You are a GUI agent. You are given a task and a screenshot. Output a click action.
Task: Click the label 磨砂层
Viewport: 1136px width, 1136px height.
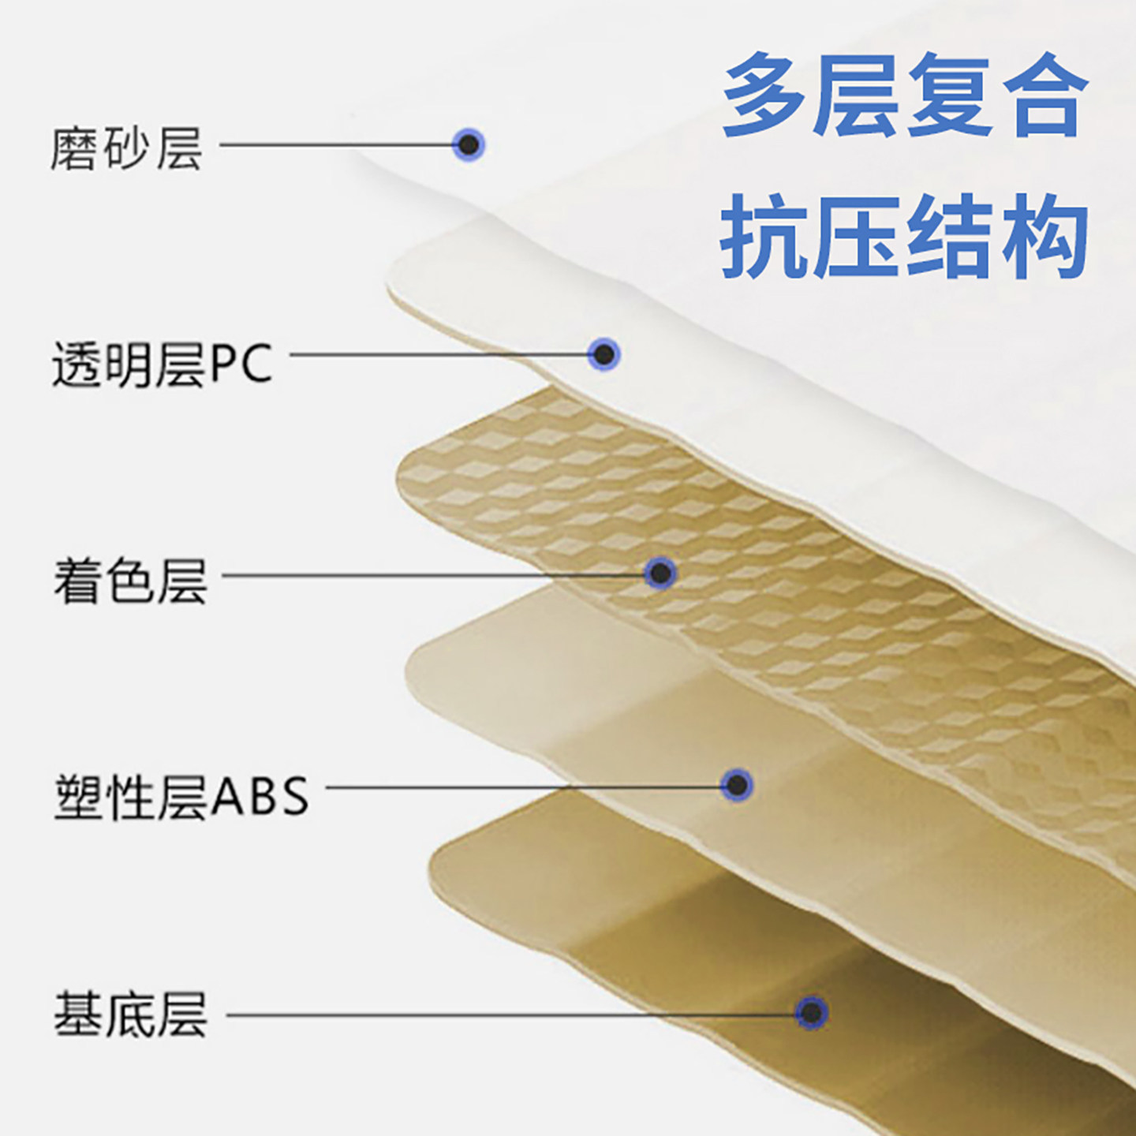coord(127,149)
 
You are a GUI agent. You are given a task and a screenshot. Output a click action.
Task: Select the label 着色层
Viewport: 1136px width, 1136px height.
coord(130,581)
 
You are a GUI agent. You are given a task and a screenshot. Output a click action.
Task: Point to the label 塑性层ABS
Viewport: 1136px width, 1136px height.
coord(181,797)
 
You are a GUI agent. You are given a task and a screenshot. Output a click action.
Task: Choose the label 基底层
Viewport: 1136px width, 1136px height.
coord(130,1015)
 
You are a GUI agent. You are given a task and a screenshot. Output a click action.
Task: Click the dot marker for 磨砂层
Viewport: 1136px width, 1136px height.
coord(469,144)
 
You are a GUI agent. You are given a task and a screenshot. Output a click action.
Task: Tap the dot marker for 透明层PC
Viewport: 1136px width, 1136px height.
coord(603,354)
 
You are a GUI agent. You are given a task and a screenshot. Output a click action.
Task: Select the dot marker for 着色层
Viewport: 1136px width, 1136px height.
coord(660,573)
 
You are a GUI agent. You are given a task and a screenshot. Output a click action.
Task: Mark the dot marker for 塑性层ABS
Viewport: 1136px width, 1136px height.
coord(737,785)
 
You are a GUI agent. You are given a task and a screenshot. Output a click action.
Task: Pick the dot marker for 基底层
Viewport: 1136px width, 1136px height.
coord(812,1013)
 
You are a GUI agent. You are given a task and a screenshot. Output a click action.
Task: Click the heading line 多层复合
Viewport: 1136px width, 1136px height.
coord(905,95)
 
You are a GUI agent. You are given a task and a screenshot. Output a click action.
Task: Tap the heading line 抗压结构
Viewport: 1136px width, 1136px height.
coord(904,237)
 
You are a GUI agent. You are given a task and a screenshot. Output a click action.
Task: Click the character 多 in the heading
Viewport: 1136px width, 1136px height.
coord(765,95)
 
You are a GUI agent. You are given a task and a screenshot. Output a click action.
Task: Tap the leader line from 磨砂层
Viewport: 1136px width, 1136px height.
coord(337,144)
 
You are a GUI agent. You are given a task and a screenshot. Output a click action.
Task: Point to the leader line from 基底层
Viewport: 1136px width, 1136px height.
coord(511,1015)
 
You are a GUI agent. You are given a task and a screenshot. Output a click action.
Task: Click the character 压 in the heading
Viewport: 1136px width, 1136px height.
coord(858,237)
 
